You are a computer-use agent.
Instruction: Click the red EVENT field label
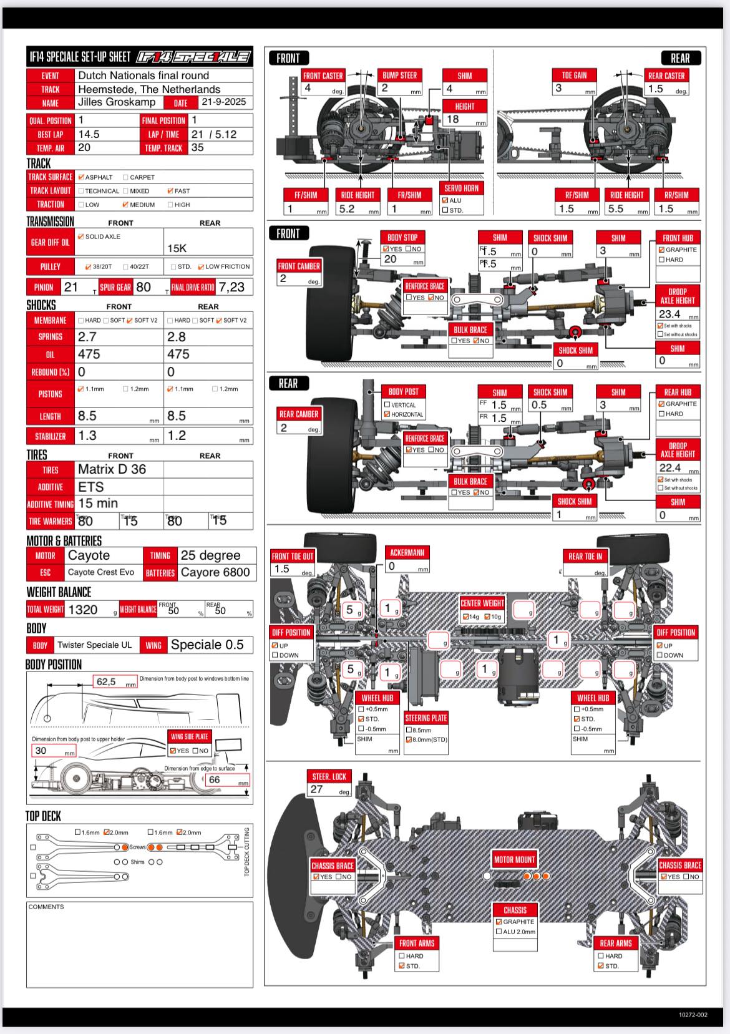coord(51,76)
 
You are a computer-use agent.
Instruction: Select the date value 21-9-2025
coord(223,102)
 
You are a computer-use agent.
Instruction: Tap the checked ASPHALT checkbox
coord(81,177)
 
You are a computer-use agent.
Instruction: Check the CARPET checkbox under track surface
coord(126,177)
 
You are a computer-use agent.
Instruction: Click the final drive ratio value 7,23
coord(231,287)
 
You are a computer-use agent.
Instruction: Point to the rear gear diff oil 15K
coord(177,248)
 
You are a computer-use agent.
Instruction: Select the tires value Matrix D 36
coord(112,469)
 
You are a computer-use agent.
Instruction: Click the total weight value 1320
coord(82,610)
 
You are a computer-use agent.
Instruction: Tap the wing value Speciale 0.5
coord(207,645)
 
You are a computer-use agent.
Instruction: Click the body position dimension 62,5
coord(107,681)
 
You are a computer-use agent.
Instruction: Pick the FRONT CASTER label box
coord(323,76)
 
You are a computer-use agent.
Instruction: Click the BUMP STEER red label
coord(400,75)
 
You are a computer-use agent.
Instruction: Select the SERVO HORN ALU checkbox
coord(445,200)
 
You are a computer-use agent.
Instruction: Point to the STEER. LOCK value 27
coord(317,789)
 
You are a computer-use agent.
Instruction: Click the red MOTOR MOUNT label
coord(514,859)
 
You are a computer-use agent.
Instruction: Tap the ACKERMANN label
coord(407,552)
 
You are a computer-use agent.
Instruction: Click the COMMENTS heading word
coord(46,907)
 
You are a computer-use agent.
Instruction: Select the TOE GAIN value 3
coord(559,89)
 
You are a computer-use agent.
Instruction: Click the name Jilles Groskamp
coord(117,102)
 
